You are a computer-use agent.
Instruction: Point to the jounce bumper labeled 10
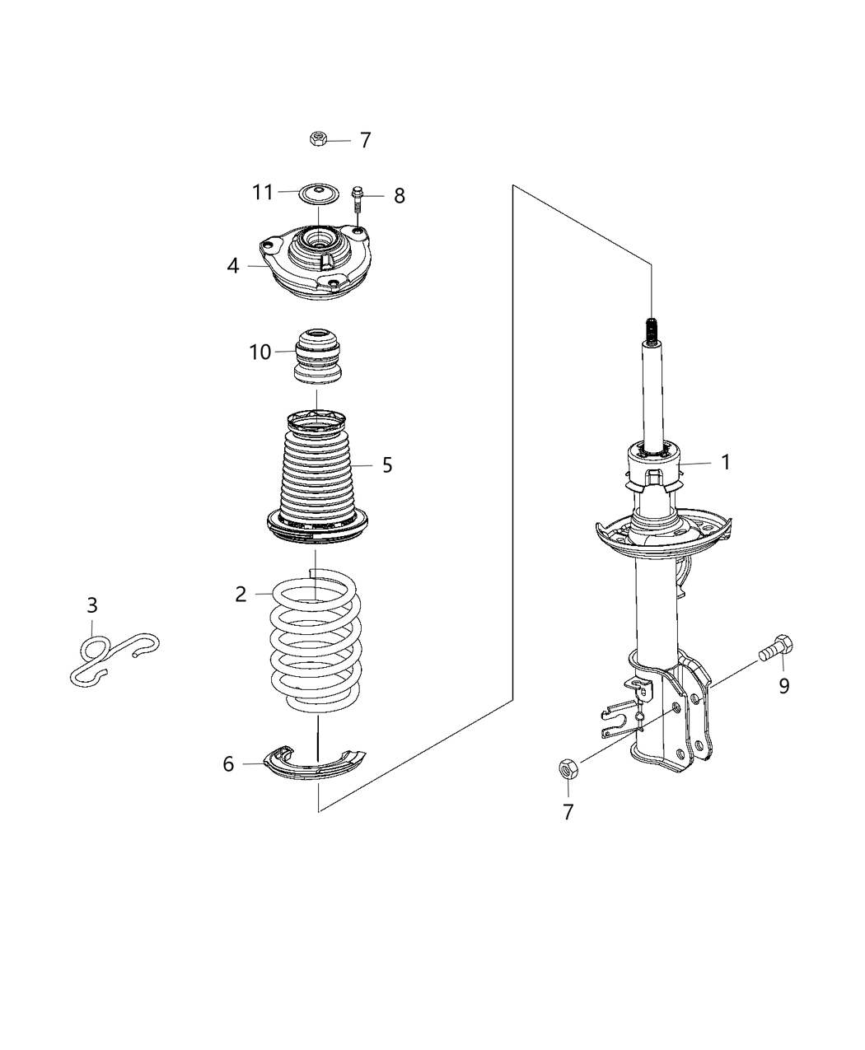(x=318, y=356)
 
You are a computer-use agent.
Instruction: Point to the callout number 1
(x=726, y=463)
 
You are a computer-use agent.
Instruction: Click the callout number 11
(x=262, y=193)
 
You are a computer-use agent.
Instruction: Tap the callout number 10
(x=260, y=352)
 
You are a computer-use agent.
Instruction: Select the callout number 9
(x=784, y=685)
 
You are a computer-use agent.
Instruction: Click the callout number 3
(x=92, y=606)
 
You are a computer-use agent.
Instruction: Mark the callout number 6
(x=228, y=764)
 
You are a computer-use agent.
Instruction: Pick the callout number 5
(x=387, y=465)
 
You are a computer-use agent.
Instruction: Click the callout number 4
(x=233, y=266)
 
